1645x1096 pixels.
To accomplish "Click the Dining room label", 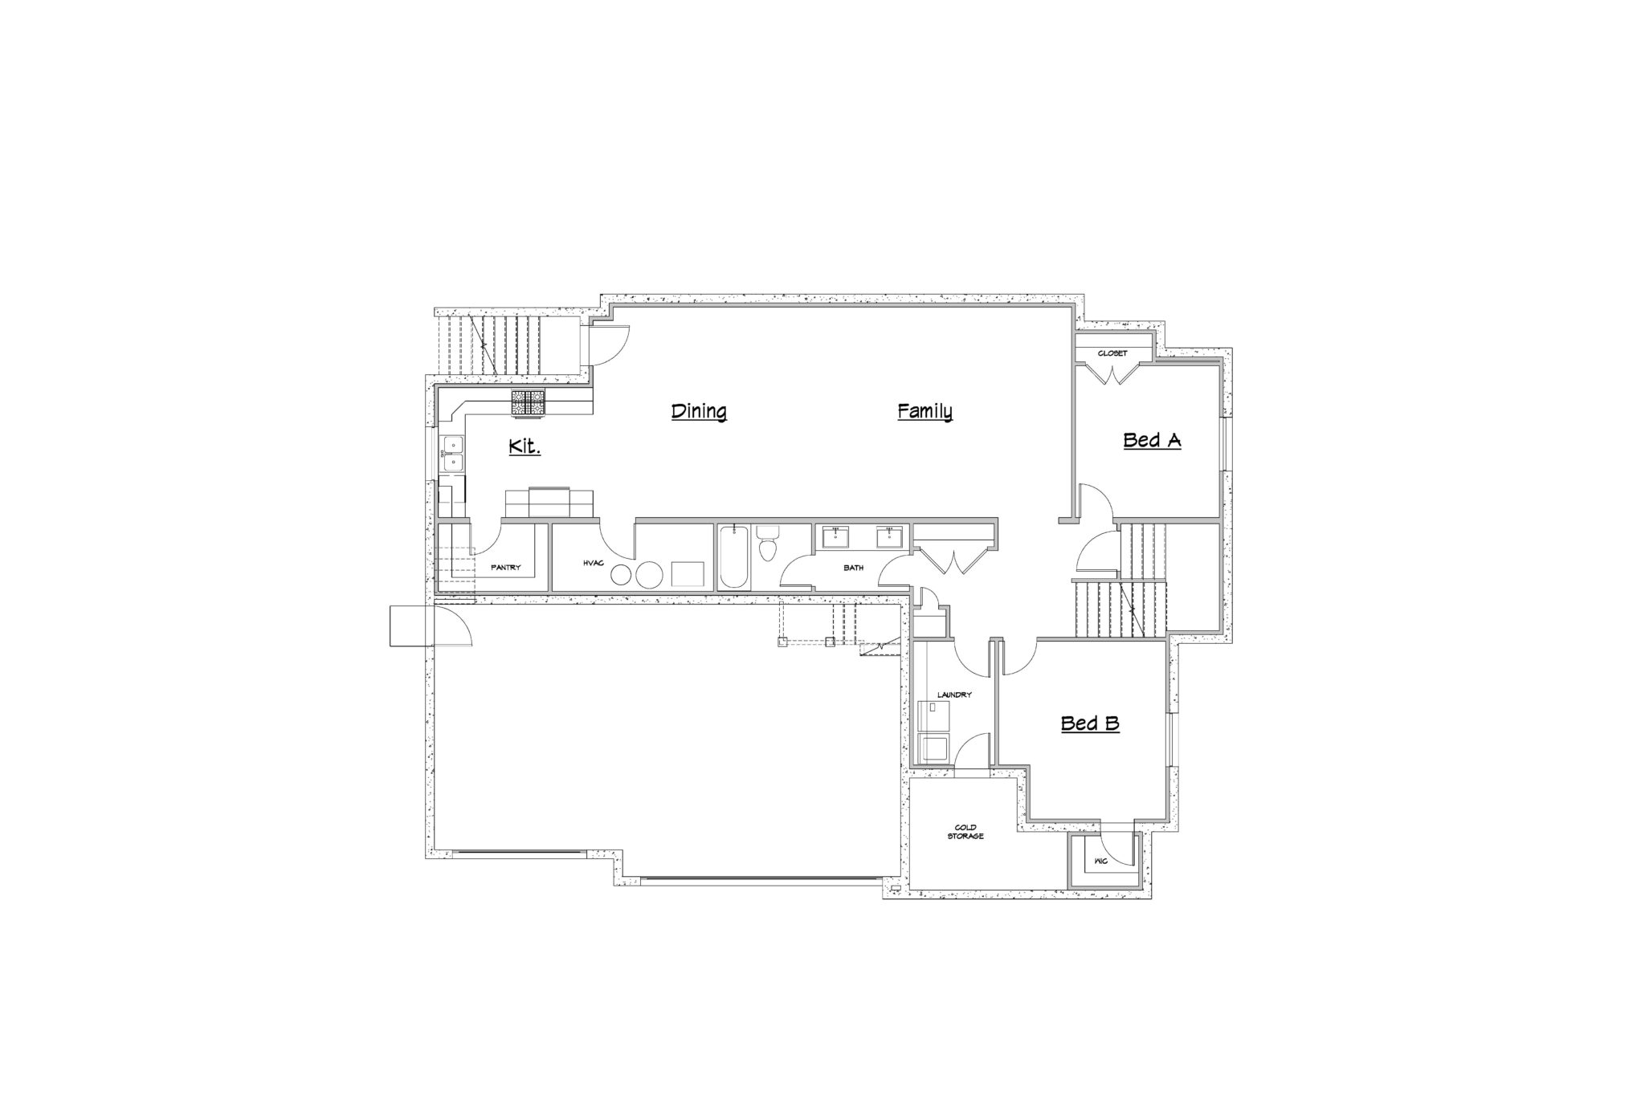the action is pos(699,412).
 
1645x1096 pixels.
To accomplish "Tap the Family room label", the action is pos(925,412).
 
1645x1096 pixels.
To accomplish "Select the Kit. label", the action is pos(525,446).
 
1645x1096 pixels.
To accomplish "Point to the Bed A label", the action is pos(1152,440).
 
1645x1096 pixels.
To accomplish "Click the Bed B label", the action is pos(1090,723).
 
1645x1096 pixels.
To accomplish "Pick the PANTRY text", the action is pos(506,568).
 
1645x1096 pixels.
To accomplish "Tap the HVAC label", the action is pos(593,564).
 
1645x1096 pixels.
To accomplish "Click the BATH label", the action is pos(853,568).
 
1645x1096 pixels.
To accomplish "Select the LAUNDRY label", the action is pos(955,695).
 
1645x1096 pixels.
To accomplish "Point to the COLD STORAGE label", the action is pos(965,832).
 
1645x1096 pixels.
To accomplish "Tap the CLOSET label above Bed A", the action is pos(1112,353).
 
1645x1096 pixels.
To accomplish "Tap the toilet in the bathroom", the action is pos(769,543).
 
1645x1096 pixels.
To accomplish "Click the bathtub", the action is pos(734,558).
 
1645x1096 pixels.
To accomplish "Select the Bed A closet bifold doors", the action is pos(1112,373).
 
